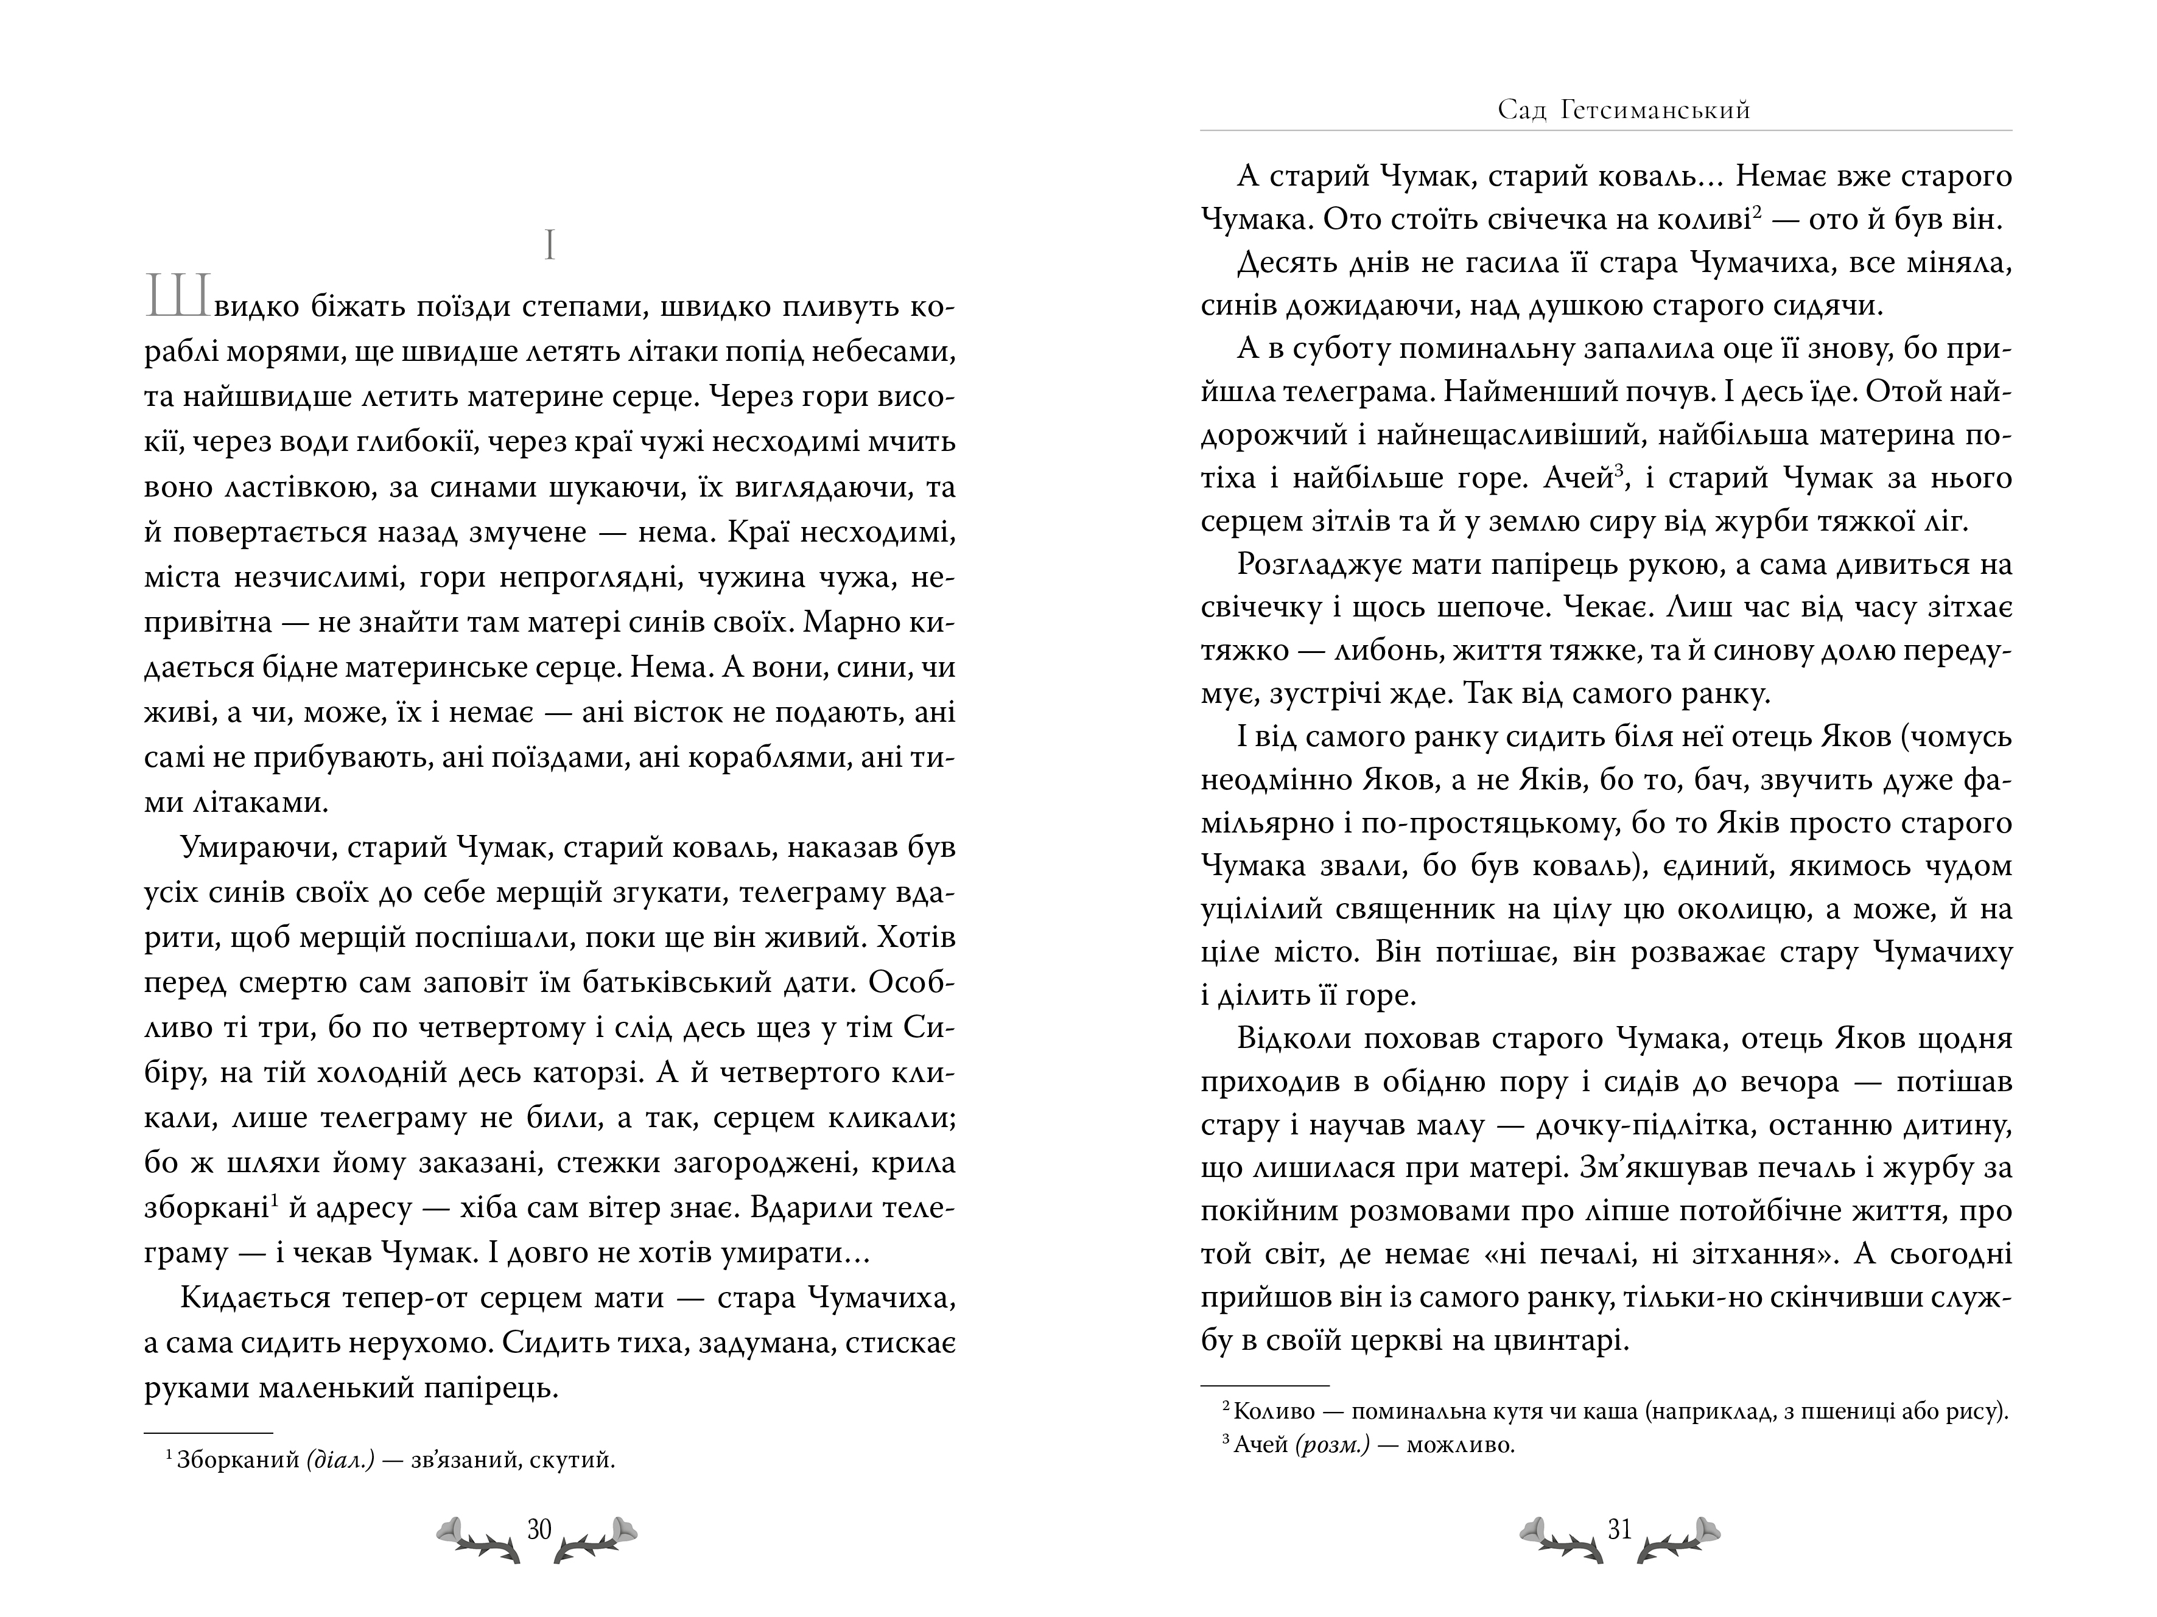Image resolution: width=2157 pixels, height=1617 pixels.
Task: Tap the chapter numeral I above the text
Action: [550, 246]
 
